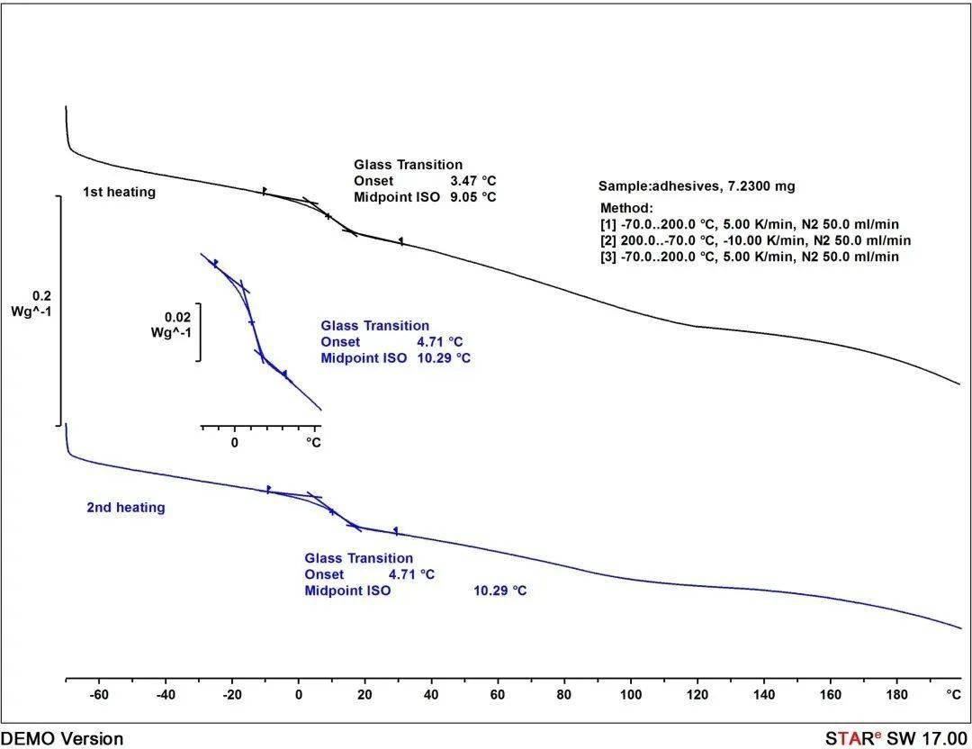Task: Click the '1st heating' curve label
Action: (119, 192)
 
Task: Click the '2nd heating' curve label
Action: (126, 508)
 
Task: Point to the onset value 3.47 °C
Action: (473, 181)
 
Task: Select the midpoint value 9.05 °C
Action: (473, 197)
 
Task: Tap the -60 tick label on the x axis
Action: (99, 695)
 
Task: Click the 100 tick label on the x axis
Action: (631, 695)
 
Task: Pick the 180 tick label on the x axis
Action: (896, 695)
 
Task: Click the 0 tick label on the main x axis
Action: (299, 695)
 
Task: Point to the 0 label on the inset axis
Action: (235, 442)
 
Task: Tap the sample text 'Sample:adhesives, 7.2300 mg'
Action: (697, 186)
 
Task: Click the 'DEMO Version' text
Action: (62, 739)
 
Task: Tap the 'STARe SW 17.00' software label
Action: (898, 739)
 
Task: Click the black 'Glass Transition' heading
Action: (408, 165)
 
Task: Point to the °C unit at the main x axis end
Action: (953, 695)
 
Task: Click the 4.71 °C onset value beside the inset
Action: (440, 342)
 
